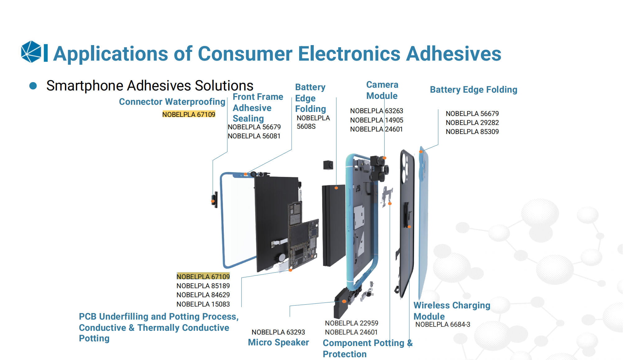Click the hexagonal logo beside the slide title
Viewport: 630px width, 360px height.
31,52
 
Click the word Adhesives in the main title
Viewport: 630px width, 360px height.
454,54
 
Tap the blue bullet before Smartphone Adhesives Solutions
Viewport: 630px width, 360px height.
33,86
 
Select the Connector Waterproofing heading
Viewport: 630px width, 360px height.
172,102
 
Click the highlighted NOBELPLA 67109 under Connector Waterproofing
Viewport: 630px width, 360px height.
189,114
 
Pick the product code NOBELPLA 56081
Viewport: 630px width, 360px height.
254,136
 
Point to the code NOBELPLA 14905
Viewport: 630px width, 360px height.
377,120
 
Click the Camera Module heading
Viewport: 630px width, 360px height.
382,90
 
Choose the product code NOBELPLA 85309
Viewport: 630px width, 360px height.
472,132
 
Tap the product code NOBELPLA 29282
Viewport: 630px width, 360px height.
472,122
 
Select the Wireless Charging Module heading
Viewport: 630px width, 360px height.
452,311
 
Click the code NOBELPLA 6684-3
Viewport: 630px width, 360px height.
443,324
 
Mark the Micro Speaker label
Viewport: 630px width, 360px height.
278,342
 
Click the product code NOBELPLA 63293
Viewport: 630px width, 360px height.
278,332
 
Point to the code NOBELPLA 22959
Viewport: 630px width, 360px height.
352,323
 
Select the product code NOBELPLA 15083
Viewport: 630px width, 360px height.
203,304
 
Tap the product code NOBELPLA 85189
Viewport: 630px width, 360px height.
203,286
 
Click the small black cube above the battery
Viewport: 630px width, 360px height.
328,165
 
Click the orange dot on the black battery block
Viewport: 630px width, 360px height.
336,188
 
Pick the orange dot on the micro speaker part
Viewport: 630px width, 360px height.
344,301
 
